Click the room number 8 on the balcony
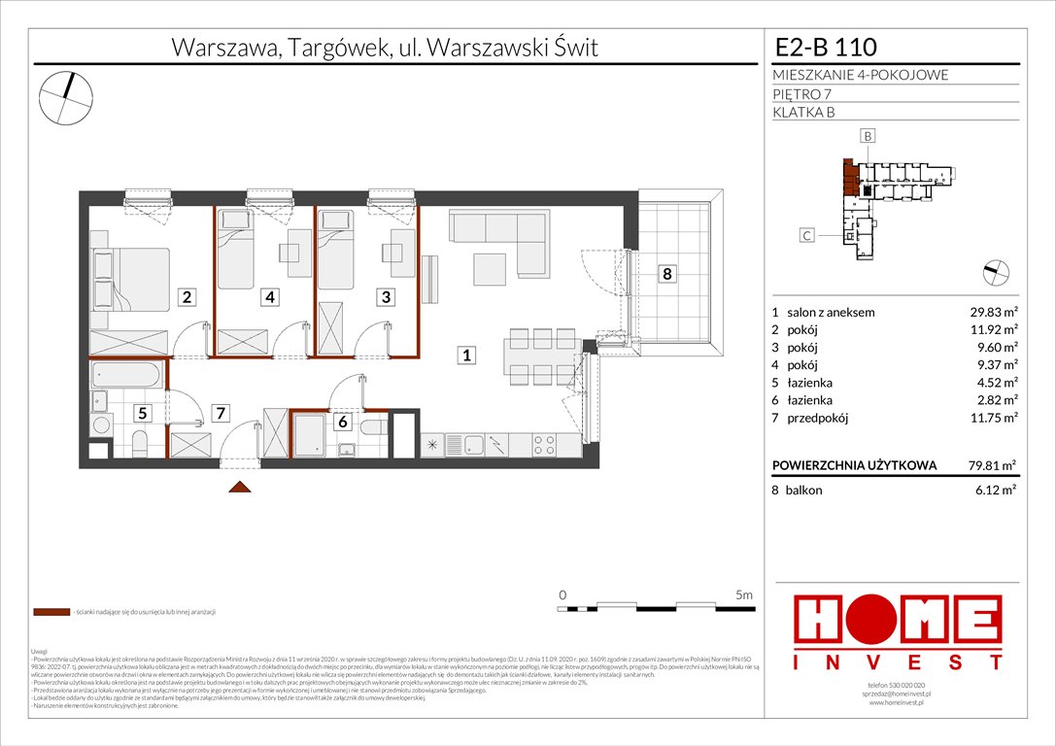pyautogui.click(x=666, y=274)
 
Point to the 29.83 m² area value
pyautogui.click(x=987, y=313)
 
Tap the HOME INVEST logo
pyautogui.click(x=898, y=632)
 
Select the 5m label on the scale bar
pyautogui.click(x=745, y=593)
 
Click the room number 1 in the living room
pyautogui.click(x=467, y=356)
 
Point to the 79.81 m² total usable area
pyautogui.click(x=987, y=465)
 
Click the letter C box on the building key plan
pyautogui.click(x=806, y=234)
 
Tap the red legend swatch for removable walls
pyautogui.click(x=50, y=612)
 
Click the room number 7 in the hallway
pyautogui.click(x=221, y=414)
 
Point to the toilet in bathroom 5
pyautogui.click(x=140, y=446)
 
